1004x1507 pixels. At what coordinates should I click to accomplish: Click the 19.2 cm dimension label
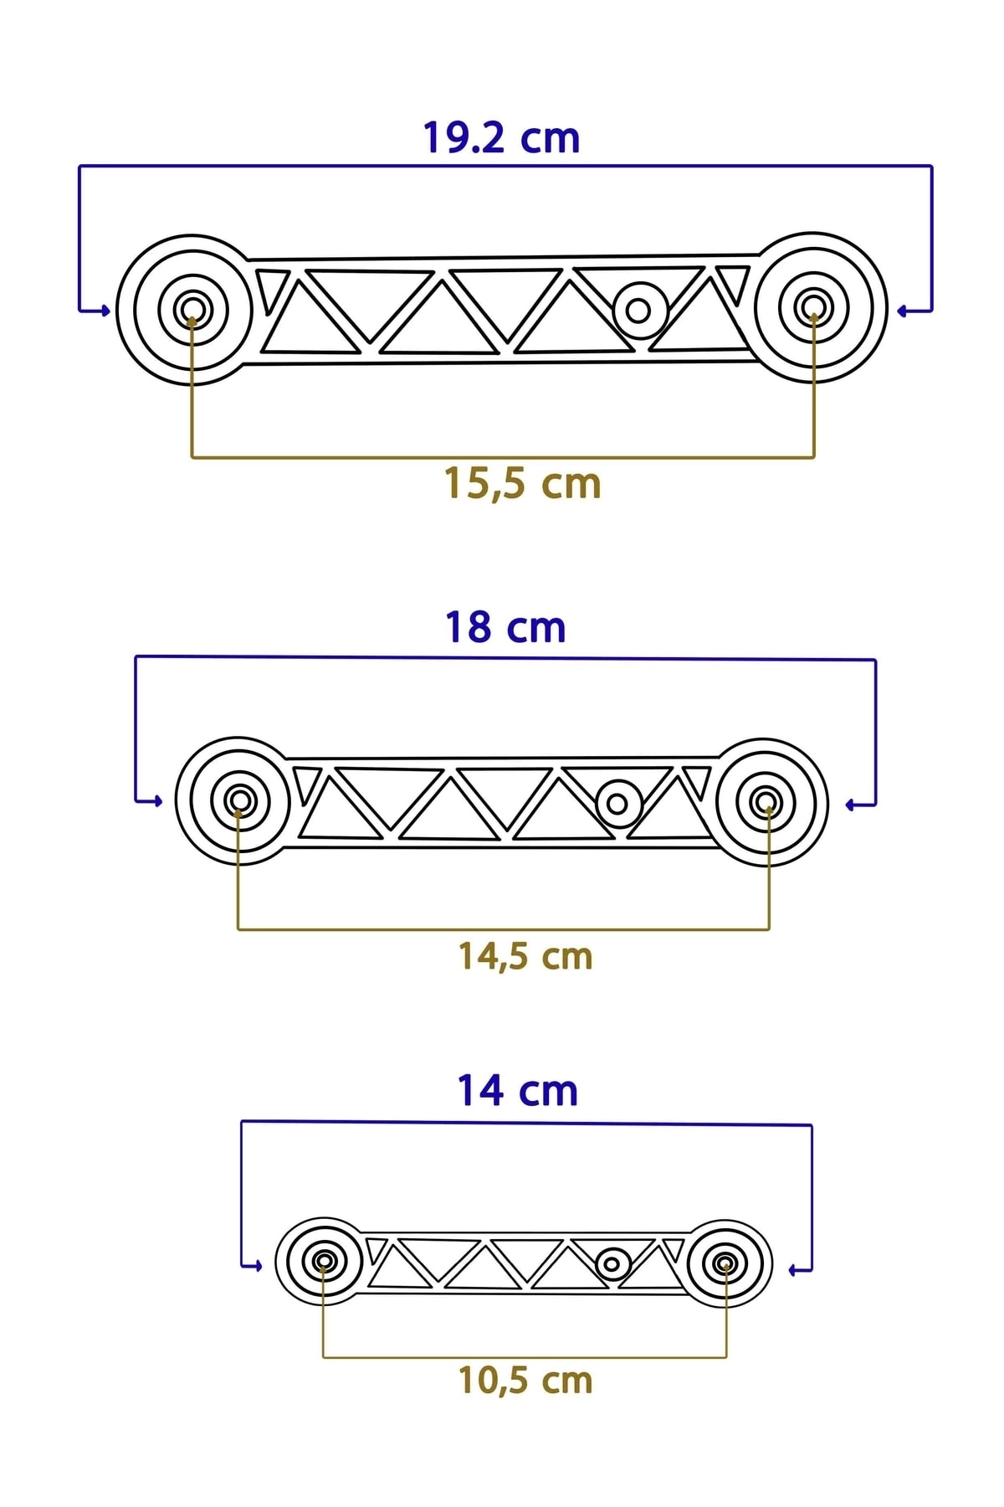[x=501, y=138]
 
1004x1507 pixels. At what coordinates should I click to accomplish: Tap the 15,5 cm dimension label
[x=522, y=484]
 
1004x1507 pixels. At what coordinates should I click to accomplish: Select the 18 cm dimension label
[x=505, y=628]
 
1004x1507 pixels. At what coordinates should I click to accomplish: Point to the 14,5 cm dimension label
[x=525, y=956]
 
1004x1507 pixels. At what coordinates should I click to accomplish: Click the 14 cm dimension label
[x=517, y=1091]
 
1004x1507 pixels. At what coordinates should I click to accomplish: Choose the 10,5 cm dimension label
[x=525, y=1381]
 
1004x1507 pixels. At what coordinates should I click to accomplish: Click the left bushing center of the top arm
[x=192, y=308]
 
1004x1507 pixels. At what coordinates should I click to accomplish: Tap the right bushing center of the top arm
[x=812, y=306]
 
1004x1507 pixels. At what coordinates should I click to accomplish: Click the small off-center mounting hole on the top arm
[x=638, y=311]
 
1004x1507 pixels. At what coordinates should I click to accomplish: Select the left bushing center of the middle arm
[x=240, y=801]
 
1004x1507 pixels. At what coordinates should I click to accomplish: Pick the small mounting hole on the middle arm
[x=617, y=804]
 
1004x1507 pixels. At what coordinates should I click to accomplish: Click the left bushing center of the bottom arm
[x=325, y=1261]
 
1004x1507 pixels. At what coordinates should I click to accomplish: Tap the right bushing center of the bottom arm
[x=725, y=1263]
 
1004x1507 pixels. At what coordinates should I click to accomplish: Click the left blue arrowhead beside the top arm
[x=105, y=311]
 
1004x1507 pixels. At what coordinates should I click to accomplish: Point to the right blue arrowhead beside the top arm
[x=902, y=311]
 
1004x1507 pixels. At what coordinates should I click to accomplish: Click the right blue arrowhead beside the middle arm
[x=850, y=805]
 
